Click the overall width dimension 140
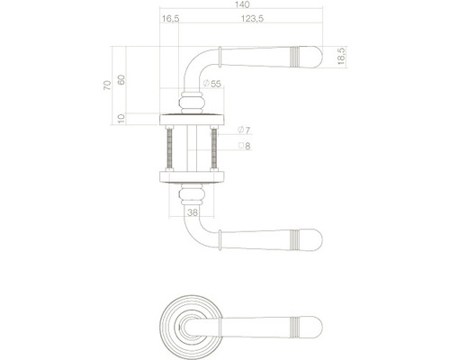(x=241, y=5)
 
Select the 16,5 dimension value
(x=169, y=18)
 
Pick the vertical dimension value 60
(x=122, y=78)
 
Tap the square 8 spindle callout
(x=243, y=145)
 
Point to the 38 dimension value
(x=191, y=212)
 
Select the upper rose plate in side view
(x=190, y=119)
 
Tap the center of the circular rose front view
(x=190, y=322)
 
